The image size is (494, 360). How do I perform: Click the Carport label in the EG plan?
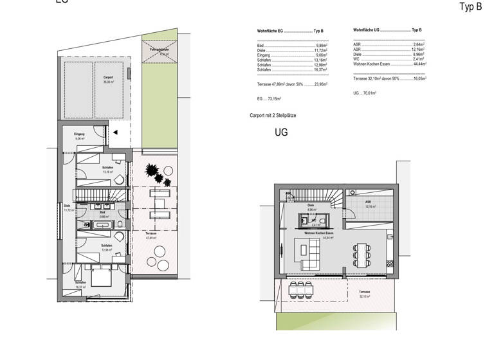click(x=108, y=78)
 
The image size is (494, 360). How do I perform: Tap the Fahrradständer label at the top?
click(x=160, y=51)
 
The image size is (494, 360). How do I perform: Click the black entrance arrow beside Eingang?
click(x=116, y=132)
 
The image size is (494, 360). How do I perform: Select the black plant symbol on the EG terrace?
click(x=154, y=172)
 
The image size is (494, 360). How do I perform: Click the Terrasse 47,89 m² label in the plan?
click(x=152, y=235)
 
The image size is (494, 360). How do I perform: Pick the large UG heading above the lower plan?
click(x=281, y=133)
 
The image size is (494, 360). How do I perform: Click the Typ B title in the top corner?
click(x=470, y=7)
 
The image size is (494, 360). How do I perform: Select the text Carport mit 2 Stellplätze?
click(x=273, y=115)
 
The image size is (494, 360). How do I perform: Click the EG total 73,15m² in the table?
click(x=270, y=99)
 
